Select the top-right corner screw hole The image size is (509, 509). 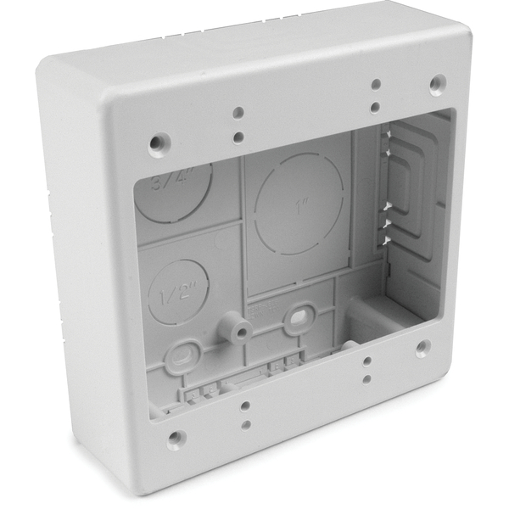point(437,85)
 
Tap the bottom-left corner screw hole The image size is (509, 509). point(175,439)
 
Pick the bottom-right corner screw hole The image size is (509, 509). point(422,348)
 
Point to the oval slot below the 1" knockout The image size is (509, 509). point(299,317)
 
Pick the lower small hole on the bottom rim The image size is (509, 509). point(244,423)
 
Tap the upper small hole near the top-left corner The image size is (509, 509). point(238,113)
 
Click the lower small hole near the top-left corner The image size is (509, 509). point(239,136)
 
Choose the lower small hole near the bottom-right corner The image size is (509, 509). point(366,378)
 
